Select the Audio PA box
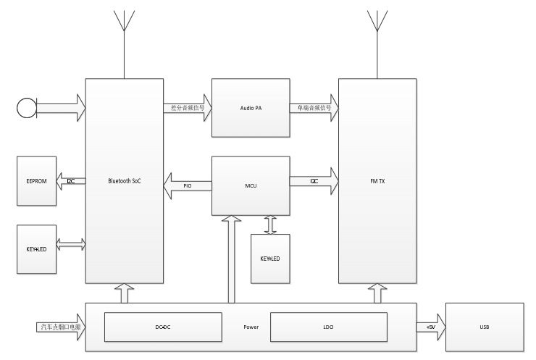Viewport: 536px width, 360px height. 251,107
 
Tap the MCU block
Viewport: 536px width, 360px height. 251,185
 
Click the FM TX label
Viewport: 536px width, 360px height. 377,180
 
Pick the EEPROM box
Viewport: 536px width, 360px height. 36,180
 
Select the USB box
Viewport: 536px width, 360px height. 484,327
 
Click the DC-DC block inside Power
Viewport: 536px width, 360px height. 162,327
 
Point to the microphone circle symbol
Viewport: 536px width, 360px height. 26,108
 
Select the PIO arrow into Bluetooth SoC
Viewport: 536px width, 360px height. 187,186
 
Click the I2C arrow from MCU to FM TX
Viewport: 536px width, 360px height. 314,180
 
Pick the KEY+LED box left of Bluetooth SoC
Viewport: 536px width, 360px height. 36,248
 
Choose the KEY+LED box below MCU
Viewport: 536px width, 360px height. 270,258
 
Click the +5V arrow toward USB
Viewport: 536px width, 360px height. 431,327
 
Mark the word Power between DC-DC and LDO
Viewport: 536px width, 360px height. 251,327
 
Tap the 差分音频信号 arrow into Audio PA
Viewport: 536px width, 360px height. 188,108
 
